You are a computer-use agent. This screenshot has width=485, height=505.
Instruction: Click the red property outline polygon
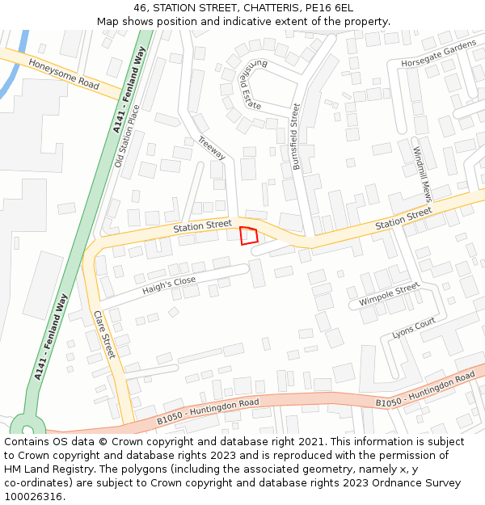(249, 235)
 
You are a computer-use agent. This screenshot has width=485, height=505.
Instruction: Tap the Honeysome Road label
(63, 74)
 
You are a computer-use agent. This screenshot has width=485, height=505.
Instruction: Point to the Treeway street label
(211, 148)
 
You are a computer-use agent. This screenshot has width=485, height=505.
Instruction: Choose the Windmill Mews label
(422, 174)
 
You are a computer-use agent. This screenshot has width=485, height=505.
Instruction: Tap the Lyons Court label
(413, 327)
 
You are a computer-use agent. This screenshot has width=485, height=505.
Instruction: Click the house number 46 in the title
(140, 8)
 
